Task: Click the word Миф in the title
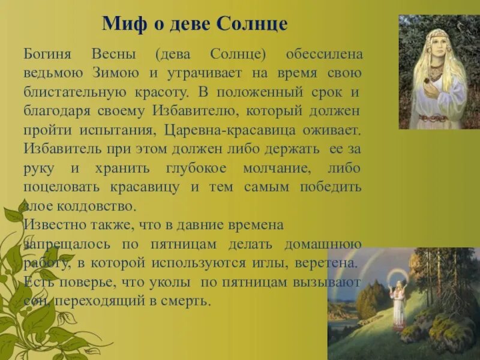[x=121, y=23]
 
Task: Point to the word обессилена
[x=324, y=55]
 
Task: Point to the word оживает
[x=334, y=130]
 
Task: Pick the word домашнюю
[x=325, y=244]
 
